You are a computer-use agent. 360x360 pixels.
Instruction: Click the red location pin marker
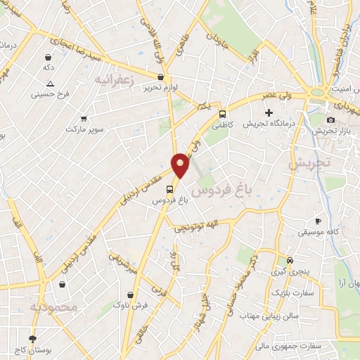click(181, 165)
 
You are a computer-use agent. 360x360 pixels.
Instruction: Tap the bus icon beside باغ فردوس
click(169, 188)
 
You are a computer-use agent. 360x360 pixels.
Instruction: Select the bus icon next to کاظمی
click(222, 114)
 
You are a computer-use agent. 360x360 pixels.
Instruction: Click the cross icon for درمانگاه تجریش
click(269, 112)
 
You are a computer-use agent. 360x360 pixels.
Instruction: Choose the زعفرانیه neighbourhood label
click(113, 79)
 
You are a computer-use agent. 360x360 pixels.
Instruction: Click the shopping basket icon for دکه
click(47, 58)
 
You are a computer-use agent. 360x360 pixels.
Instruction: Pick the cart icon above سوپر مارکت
click(84, 119)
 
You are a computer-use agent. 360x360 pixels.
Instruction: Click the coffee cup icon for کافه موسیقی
click(318, 221)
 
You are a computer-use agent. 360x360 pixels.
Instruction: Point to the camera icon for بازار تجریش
click(330, 120)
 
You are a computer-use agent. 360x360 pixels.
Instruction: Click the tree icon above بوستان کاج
click(32, 338)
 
